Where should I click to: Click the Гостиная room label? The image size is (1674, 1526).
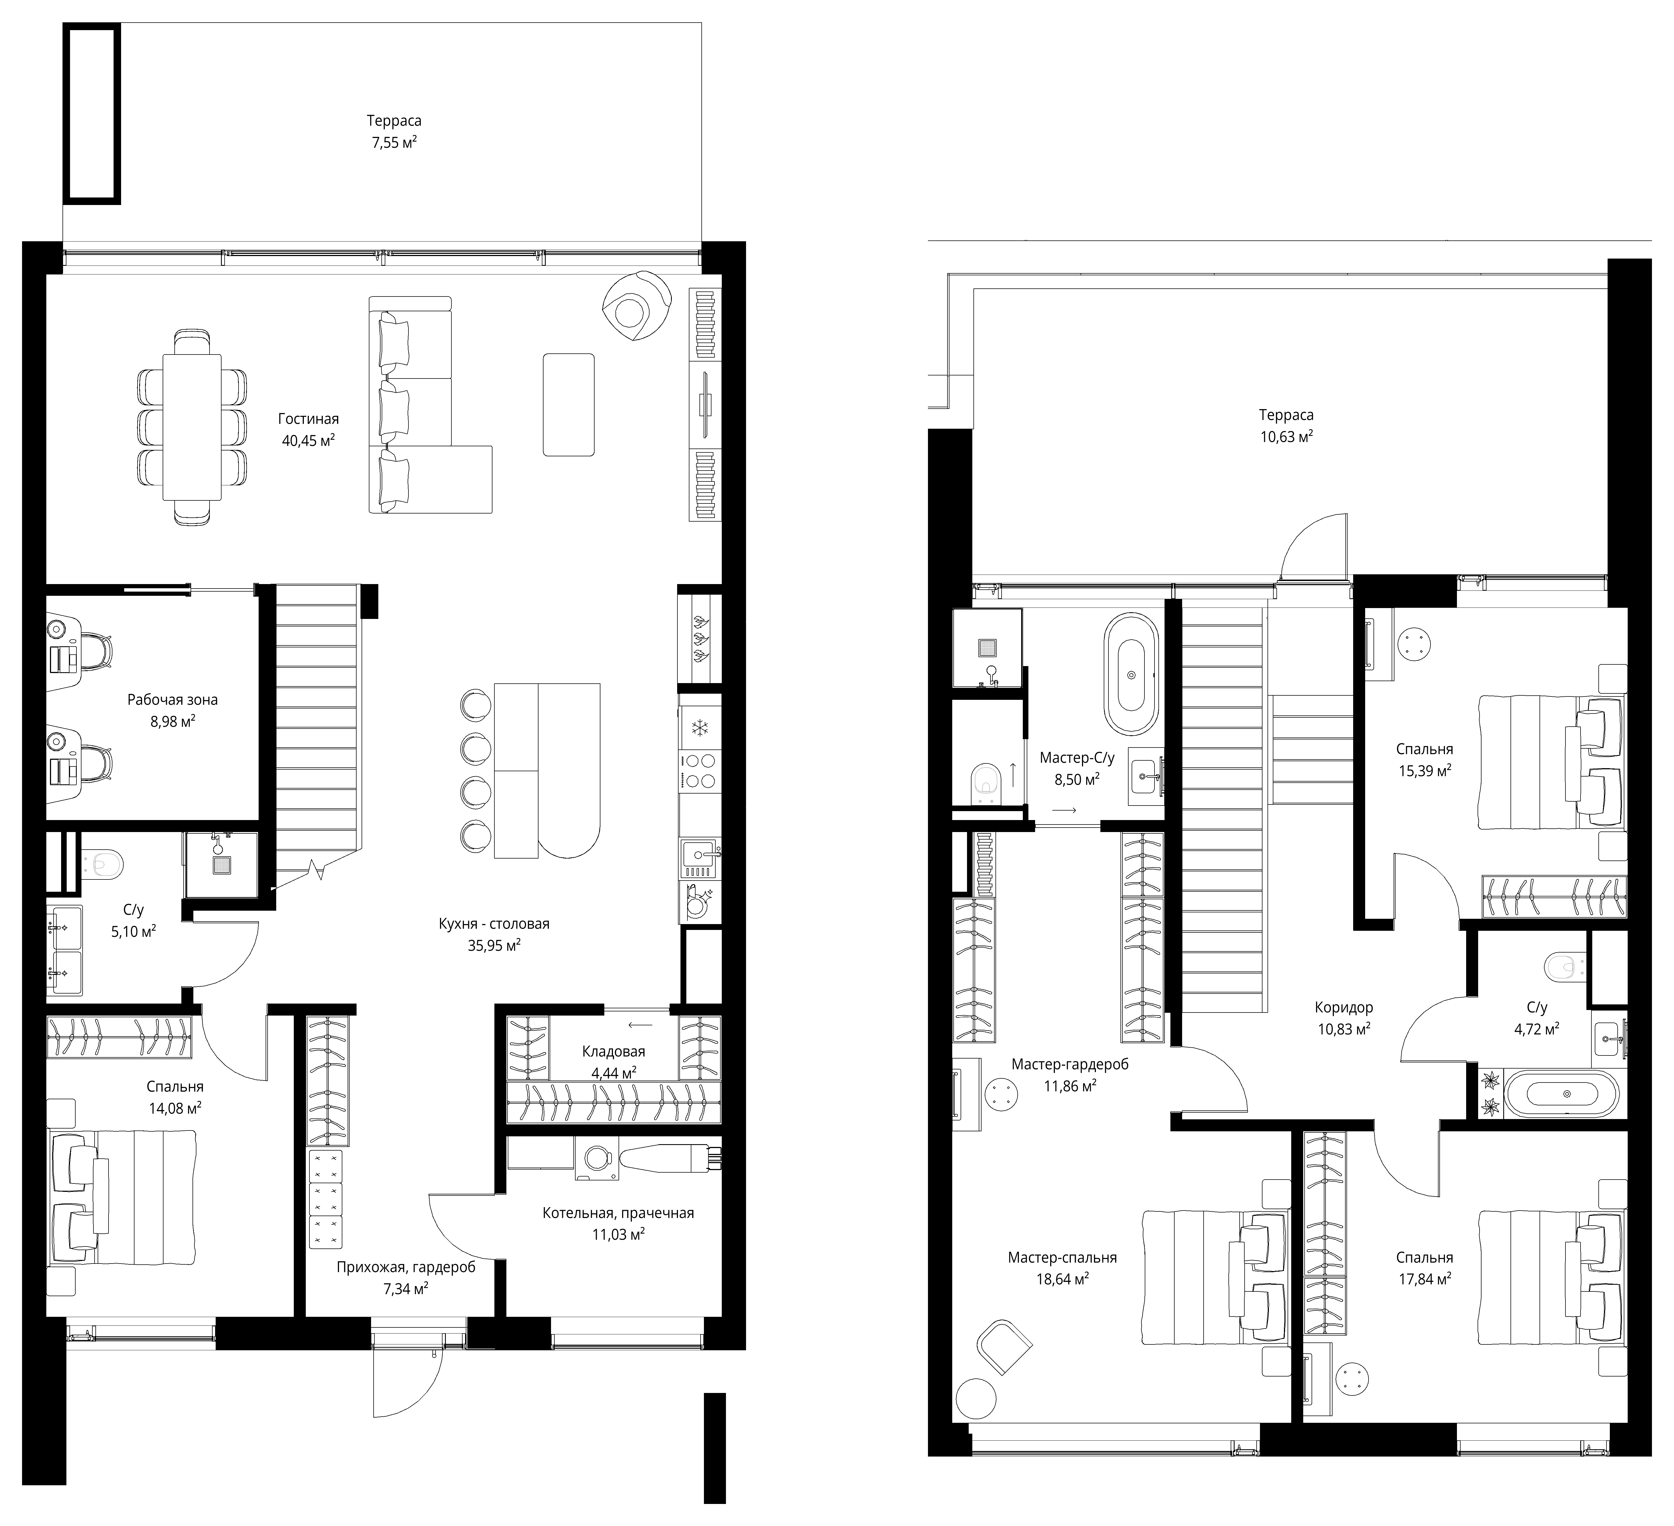[308, 419]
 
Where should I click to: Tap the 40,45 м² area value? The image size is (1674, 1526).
[308, 441]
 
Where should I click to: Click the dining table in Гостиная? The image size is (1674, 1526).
[192, 427]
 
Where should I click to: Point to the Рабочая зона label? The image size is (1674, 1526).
[173, 700]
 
